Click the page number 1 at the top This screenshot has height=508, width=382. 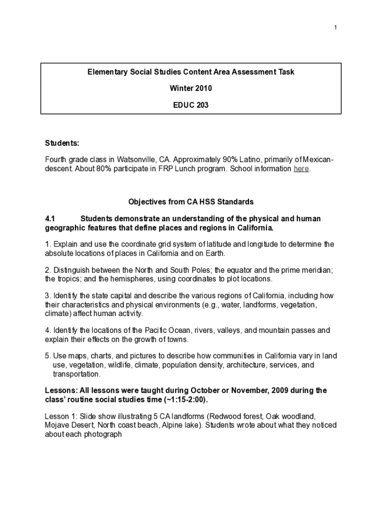click(x=335, y=27)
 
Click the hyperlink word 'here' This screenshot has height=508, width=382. click(x=301, y=169)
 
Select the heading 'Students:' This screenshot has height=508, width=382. click(x=62, y=143)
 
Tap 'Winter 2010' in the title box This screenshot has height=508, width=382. click(x=191, y=88)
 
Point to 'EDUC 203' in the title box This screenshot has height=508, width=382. click(x=191, y=105)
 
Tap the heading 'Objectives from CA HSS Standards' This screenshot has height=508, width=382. click(x=191, y=202)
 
